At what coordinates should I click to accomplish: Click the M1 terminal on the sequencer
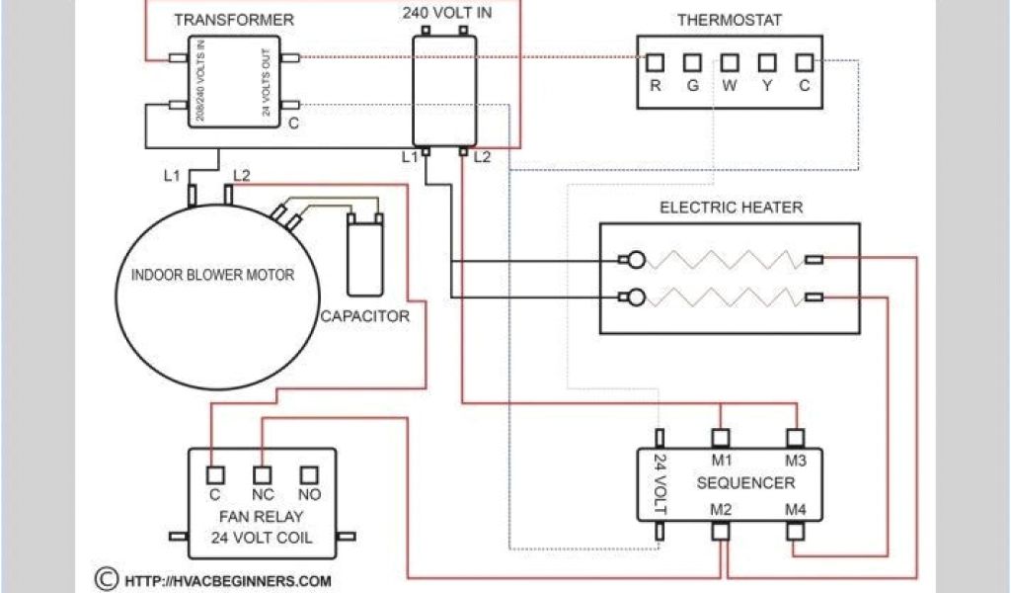[722, 437]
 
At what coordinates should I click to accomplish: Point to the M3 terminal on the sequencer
[796, 437]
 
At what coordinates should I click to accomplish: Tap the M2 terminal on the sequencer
[722, 531]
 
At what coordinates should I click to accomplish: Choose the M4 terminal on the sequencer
[796, 531]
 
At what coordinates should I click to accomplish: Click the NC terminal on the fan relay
[262, 474]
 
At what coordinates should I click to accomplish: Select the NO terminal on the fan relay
[309, 474]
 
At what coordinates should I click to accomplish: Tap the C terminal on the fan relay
[213, 474]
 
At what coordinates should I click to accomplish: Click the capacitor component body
[364, 258]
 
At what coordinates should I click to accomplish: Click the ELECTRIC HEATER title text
[731, 208]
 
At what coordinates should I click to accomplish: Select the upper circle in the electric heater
[638, 261]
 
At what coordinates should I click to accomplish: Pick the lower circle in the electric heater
[638, 296]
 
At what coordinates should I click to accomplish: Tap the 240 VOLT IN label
[446, 14]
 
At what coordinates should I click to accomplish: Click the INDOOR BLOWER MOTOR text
[213, 275]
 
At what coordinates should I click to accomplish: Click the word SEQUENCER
[745, 483]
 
